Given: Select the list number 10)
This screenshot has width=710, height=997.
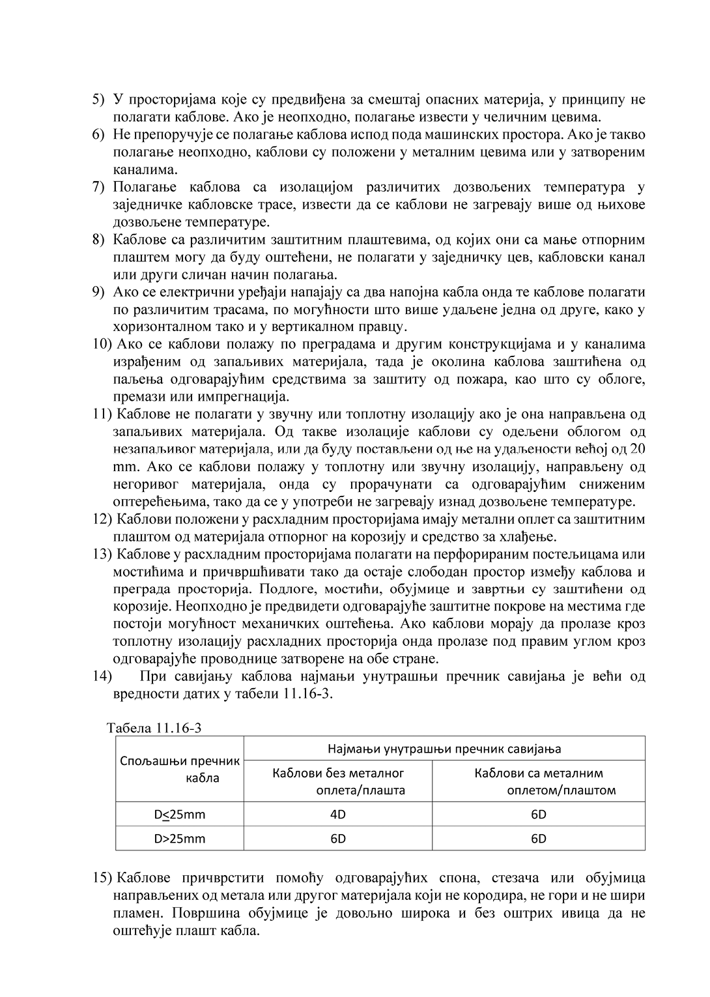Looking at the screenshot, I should (102, 344).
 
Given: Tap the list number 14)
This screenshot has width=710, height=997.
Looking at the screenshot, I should (102, 676).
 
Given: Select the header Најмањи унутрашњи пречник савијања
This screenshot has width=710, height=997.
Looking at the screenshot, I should (444, 749).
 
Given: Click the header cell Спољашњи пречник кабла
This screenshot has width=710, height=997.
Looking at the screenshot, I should (180, 769).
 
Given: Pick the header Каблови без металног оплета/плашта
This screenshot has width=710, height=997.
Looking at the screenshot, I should (338, 781).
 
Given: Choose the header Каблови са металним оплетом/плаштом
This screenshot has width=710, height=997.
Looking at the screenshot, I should (539, 781).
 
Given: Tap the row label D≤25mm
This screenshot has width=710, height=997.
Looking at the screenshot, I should (180, 814).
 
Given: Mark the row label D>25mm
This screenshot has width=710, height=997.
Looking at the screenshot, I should (180, 839).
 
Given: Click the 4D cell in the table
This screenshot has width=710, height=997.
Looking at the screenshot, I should (338, 814).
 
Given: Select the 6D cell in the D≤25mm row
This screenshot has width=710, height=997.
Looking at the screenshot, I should (539, 814).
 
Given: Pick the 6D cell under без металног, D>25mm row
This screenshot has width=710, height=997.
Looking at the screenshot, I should (338, 839).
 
